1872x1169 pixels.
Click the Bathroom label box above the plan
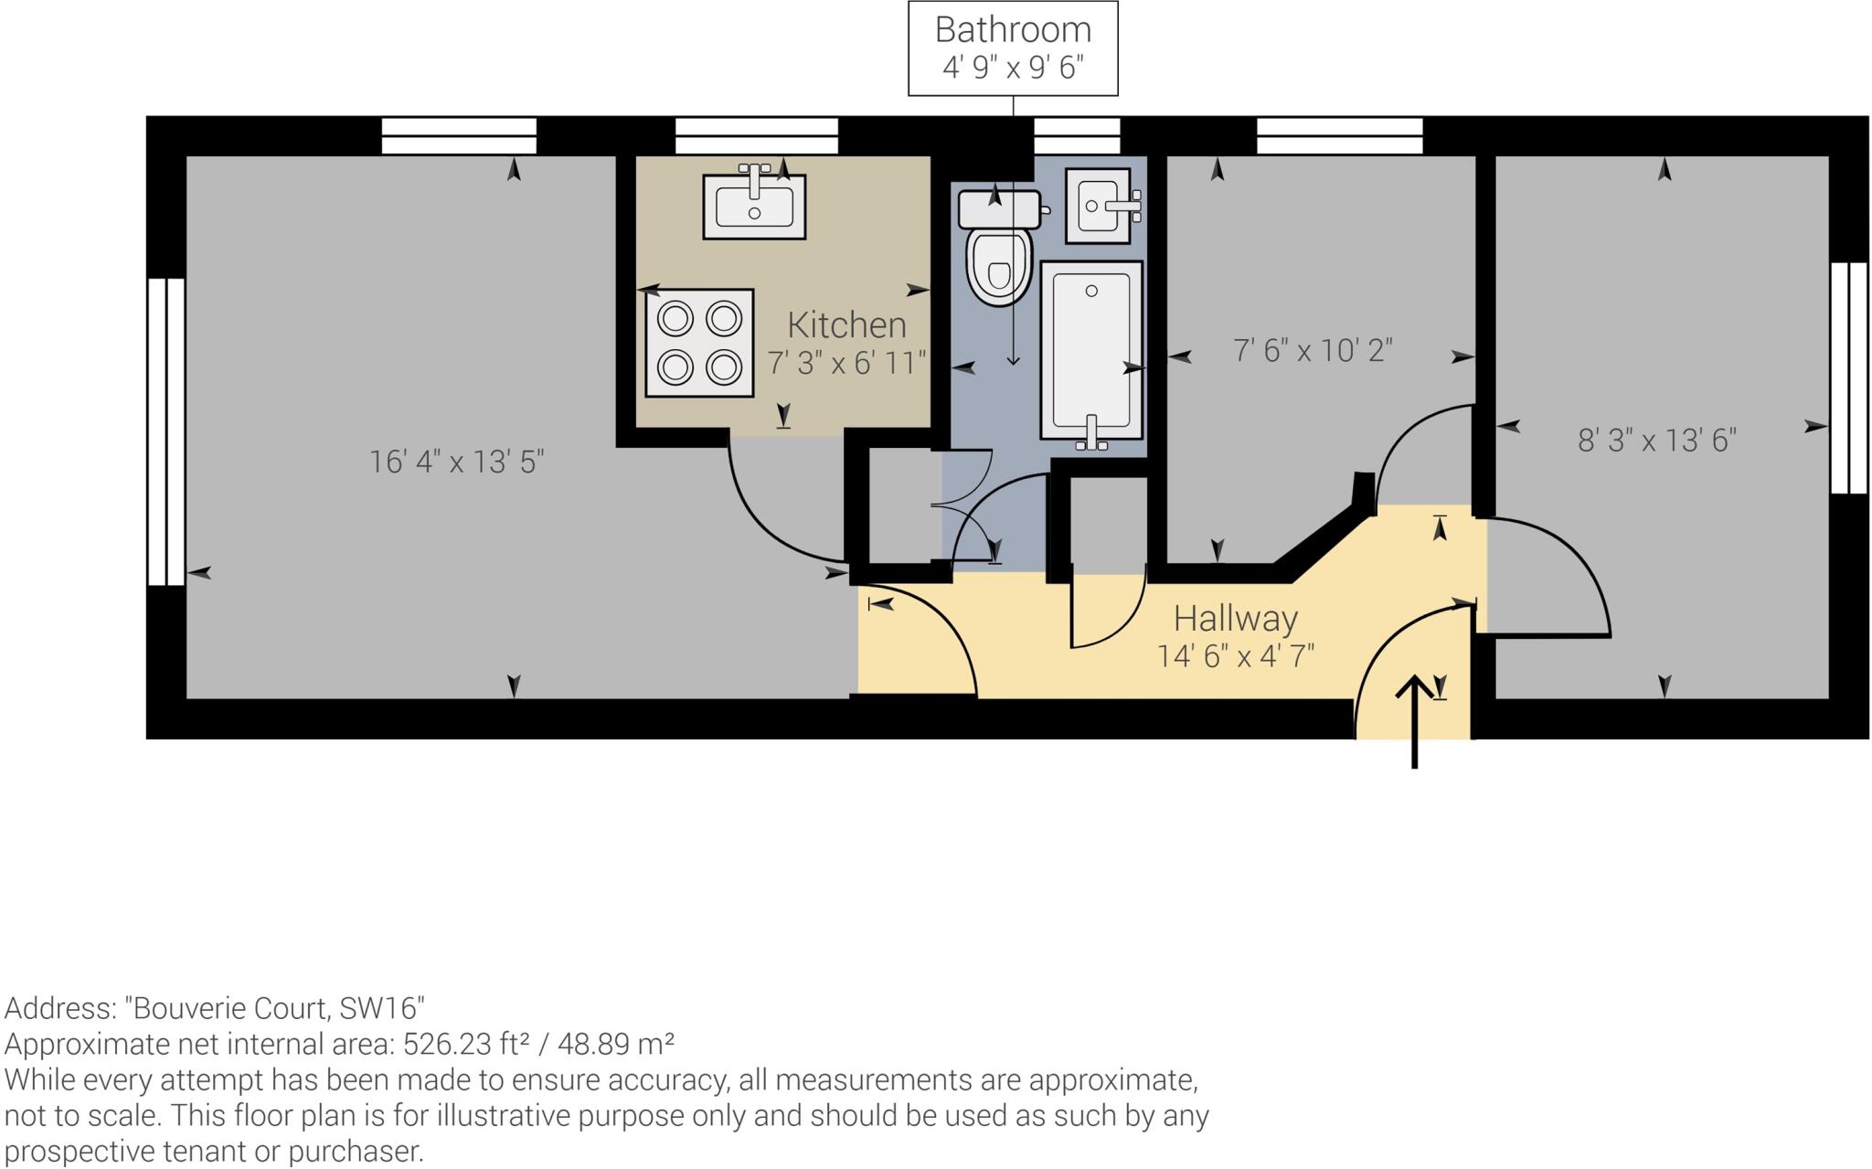pos(1013,48)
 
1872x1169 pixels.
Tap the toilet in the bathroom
pos(998,248)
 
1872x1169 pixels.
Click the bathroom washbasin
pos(1101,206)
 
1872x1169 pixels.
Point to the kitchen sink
pos(754,205)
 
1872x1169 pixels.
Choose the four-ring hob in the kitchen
pos(699,343)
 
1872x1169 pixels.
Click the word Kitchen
pos(846,324)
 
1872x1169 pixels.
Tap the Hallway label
pos(1236,619)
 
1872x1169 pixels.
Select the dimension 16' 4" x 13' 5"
pos(456,462)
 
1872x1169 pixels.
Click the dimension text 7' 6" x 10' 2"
pos(1313,350)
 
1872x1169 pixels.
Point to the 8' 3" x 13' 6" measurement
pos(1657,441)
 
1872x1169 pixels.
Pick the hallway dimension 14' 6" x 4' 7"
pos(1236,655)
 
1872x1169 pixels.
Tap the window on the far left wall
pos(166,431)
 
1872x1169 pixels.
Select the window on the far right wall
pos(1849,377)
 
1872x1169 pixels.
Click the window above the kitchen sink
pos(757,136)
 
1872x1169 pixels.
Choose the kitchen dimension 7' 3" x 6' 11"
pos(846,363)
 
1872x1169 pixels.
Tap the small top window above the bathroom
pos(1077,136)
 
